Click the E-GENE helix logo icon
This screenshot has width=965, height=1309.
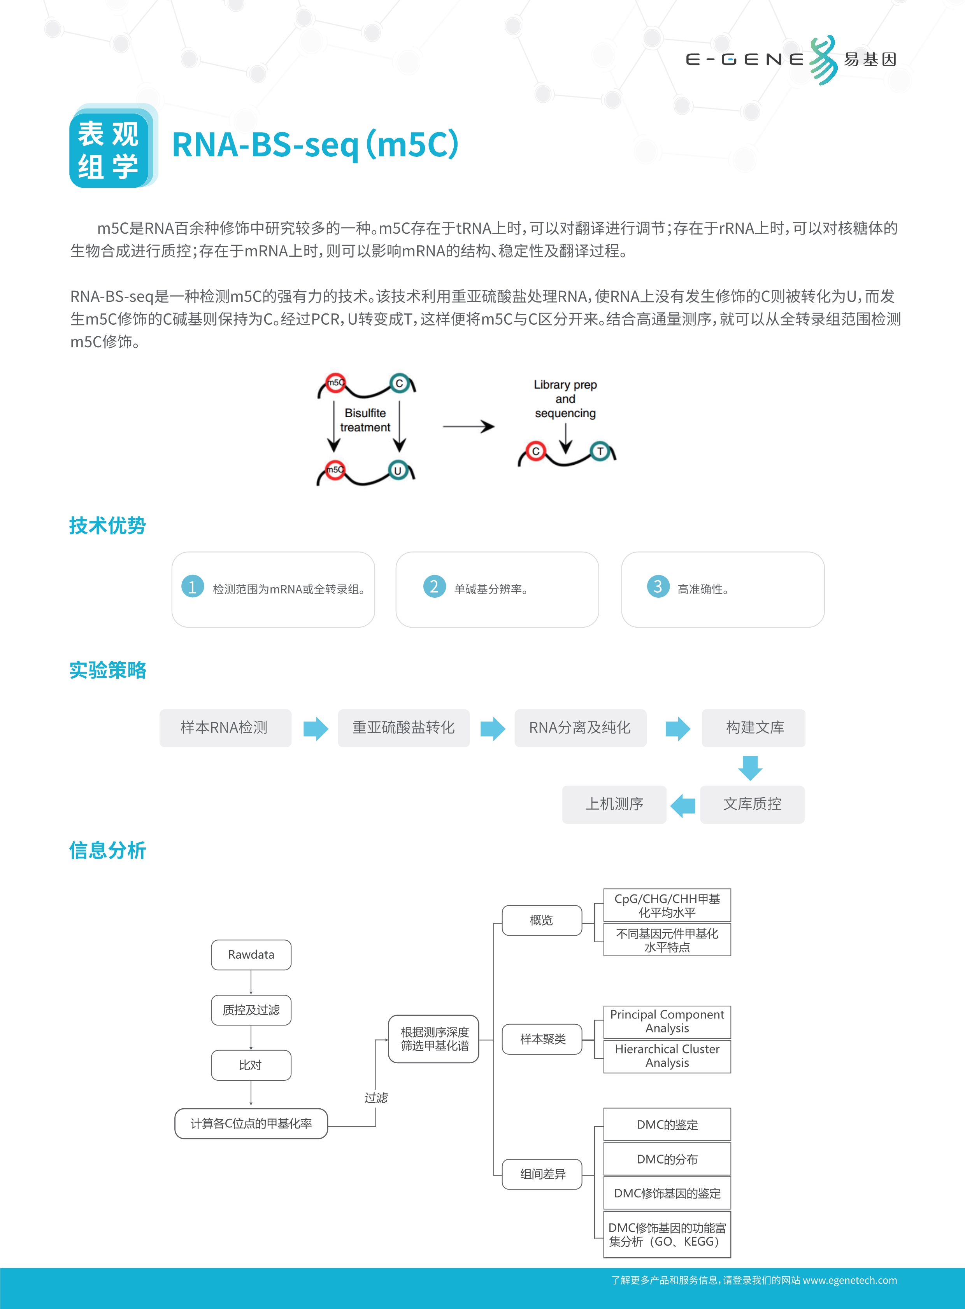pyautogui.click(x=824, y=59)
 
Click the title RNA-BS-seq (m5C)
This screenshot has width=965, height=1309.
pyautogui.click(x=316, y=144)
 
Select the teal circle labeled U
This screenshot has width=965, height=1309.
pyautogui.click(x=398, y=471)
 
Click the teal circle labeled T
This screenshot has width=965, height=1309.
pyautogui.click(x=600, y=451)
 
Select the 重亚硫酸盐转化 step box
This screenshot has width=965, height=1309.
pyautogui.click(x=404, y=728)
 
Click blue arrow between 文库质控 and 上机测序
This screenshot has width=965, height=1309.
pyautogui.click(x=683, y=806)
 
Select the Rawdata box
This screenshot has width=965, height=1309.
pyautogui.click(x=251, y=955)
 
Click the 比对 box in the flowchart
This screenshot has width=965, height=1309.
pyautogui.click(x=251, y=1065)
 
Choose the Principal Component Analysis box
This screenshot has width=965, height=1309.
pyautogui.click(x=667, y=1022)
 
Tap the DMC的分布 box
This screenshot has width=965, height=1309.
pyautogui.click(x=667, y=1159)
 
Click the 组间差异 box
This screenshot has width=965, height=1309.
pyautogui.click(x=543, y=1174)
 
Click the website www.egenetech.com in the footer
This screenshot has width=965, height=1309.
pyautogui.click(x=850, y=1280)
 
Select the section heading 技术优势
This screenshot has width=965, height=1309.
pyautogui.click(x=107, y=525)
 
